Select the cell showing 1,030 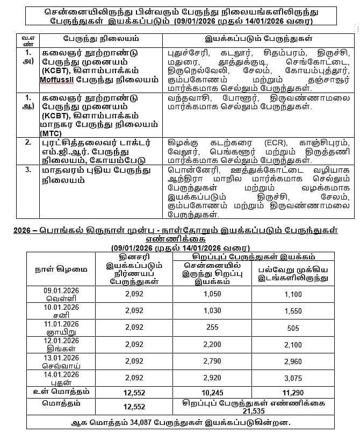(x=212, y=310)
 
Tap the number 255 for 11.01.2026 (x=212, y=327)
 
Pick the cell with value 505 (x=293, y=327)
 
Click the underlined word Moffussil (x=63, y=80)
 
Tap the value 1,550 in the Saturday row (x=293, y=310)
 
